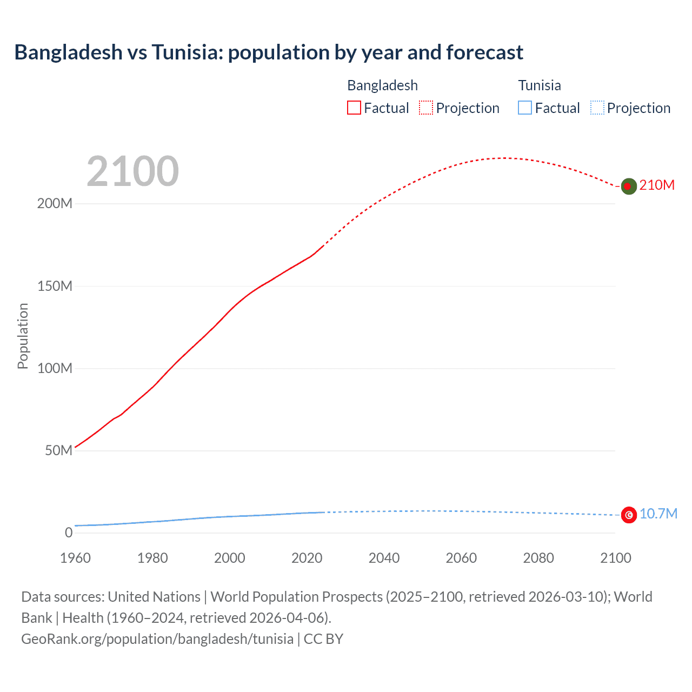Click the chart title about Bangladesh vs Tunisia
(x=269, y=52)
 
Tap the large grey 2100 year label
(x=132, y=171)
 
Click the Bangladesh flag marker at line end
(x=628, y=186)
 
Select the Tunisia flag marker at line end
(x=629, y=515)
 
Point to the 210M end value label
(x=657, y=185)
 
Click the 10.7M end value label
(x=658, y=514)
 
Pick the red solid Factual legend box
(x=354, y=108)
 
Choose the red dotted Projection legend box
(x=426, y=108)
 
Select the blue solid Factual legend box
(x=525, y=108)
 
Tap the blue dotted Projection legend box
(x=597, y=108)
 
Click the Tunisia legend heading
(x=539, y=85)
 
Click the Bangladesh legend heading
(x=382, y=85)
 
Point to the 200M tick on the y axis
(x=55, y=204)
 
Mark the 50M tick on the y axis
(x=58, y=450)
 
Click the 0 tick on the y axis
(x=68, y=533)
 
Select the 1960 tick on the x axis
(x=75, y=558)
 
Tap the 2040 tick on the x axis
(x=384, y=558)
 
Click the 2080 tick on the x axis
(x=538, y=558)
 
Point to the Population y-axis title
(x=23, y=336)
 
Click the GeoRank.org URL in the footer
(x=157, y=639)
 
